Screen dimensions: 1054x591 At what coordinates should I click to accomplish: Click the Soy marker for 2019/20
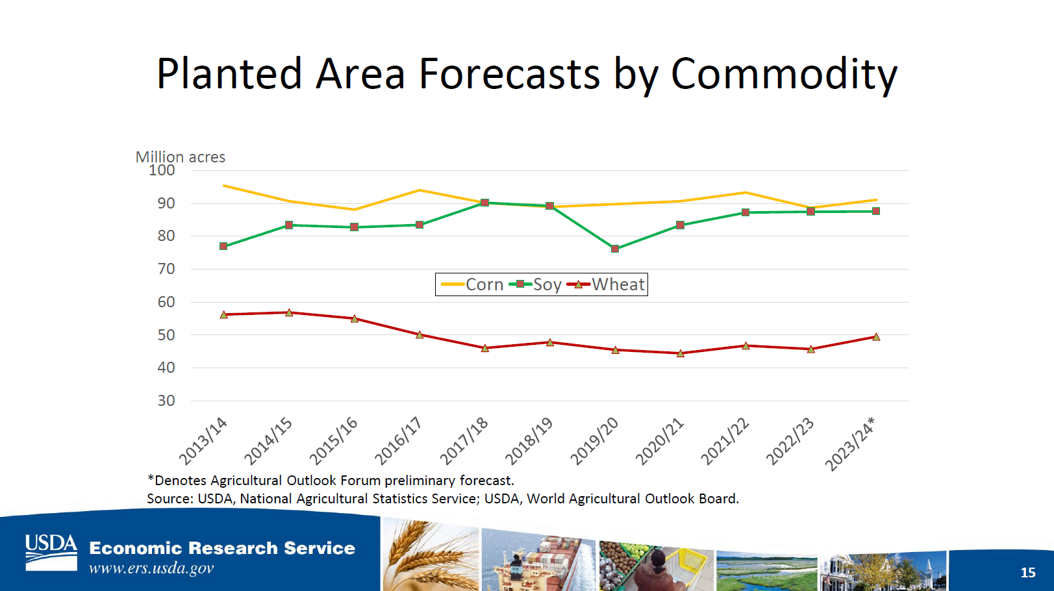pyautogui.click(x=615, y=249)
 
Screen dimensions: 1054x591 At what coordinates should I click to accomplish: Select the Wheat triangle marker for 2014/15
pyautogui.click(x=290, y=312)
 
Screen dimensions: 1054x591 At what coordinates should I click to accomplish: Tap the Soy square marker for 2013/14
pyautogui.click(x=223, y=246)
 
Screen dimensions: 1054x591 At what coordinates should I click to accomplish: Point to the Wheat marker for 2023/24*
pyautogui.click(x=876, y=337)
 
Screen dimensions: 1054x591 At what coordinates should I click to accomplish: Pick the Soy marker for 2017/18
pyautogui.click(x=485, y=203)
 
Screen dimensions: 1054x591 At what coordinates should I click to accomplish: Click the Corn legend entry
pyautogui.click(x=472, y=284)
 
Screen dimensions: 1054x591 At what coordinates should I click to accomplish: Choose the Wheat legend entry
pyautogui.click(x=606, y=284)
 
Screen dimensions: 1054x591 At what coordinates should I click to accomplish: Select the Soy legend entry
pyautogui.click(x=536, y=284)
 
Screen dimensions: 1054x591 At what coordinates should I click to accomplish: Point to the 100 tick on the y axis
pyautogui.click(x=162, y=170)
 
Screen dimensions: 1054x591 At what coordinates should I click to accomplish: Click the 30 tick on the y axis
pyautogui.click(x=166, y=401)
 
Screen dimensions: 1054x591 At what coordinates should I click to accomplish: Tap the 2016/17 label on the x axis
pyautogui.click(x=398, y=441)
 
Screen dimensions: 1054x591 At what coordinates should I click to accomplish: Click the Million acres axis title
pyautogui.click(x=181, y=157)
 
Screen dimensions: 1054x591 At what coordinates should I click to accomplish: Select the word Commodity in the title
pyautogui.click(x=784, y=74)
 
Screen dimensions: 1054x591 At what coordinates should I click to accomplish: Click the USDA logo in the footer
pyautogui.click(x=51, y=553)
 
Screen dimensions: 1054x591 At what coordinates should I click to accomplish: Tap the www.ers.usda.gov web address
pyautogui.click(x=151, y=568)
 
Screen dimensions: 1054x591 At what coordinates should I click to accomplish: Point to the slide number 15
pyautogui.click(x=1028, y=572)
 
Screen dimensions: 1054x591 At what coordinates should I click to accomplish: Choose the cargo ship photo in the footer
pyautogui.click(x=538, y=559)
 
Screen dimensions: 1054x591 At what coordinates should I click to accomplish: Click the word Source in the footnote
pyautogui.click(x=168, y=499)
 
